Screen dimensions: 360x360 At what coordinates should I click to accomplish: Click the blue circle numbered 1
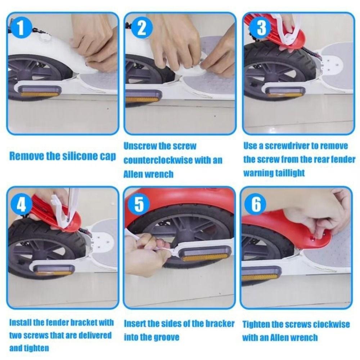(20, 28)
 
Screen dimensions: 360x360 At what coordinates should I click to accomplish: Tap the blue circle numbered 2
(141, 28)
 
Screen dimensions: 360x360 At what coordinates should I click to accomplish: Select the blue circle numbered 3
(261, 28)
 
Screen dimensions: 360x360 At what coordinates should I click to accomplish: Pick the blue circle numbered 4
(21, 204)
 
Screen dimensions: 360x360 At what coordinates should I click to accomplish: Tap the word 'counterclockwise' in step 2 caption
(158, 160)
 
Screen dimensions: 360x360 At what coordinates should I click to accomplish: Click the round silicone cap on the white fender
(45, 38)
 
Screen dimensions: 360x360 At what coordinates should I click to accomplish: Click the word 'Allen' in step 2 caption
(134, 174)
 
